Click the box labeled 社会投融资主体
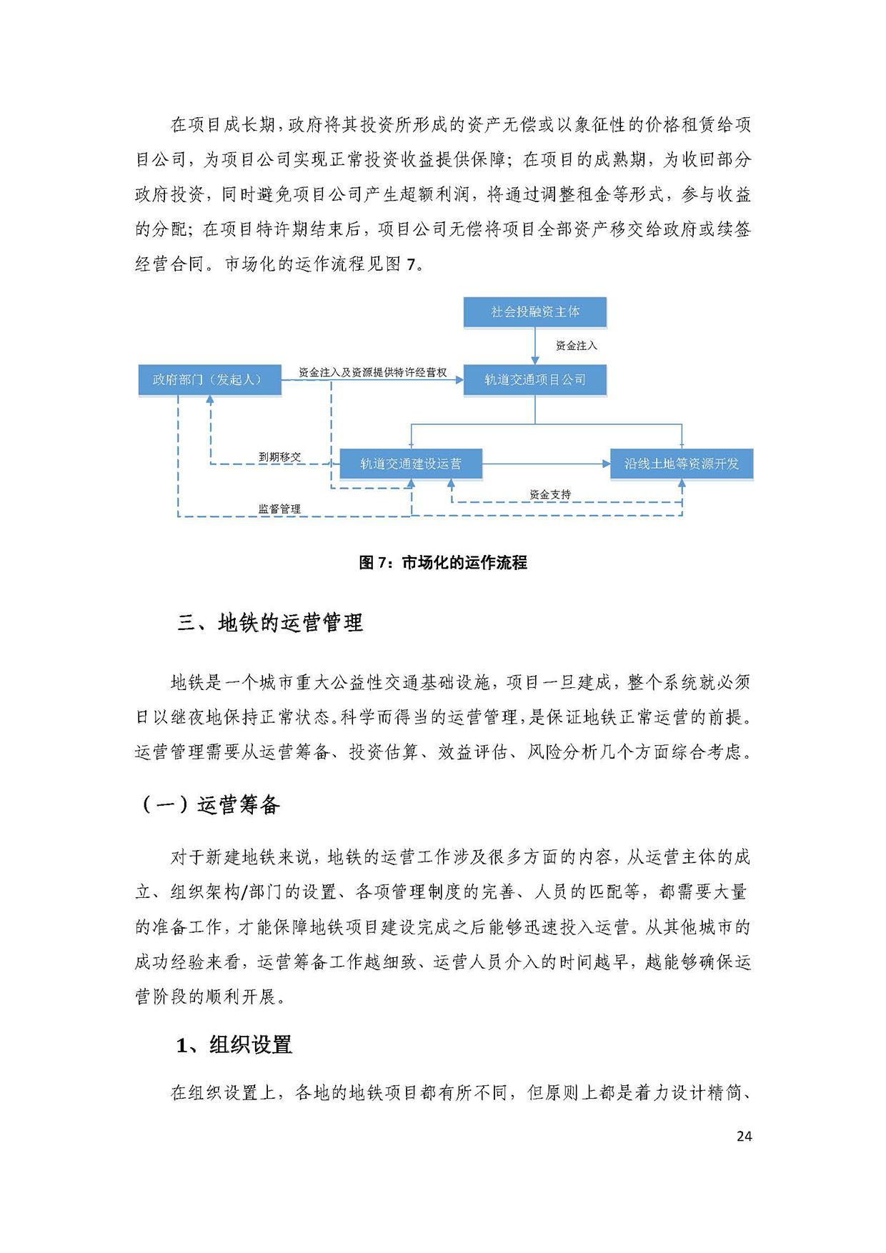tap(535, 312)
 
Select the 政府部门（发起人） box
tap(209, 380)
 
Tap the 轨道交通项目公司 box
tap(535, 380)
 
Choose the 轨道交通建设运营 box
tap(411, 464)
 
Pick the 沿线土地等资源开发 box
tap(682, 464)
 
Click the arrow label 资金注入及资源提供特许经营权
tap(372, 372)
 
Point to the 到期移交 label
tap(279, 456)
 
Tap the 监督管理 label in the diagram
tap(279, 509)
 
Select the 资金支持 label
tap(550, 494)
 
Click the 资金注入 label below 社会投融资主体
tap(577, 346)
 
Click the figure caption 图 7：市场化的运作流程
tap(443, 563)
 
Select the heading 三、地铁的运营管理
tap(270, 623)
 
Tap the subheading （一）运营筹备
tap(208, 805)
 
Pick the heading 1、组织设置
tap(234, 1045)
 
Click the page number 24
tap(744, 1136)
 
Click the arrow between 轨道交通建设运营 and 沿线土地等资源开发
tap(547, 464)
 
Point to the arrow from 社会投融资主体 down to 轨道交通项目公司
tap(535, 346)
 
